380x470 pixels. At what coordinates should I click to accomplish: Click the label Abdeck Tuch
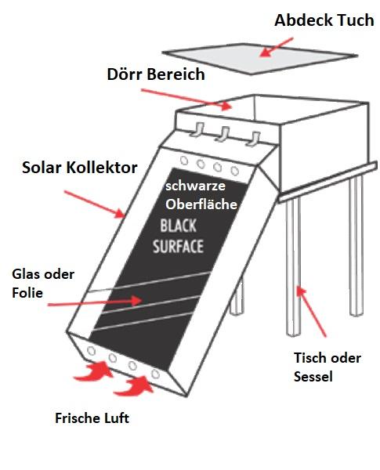(324, 20)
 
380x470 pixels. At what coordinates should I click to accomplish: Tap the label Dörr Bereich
(156, 74)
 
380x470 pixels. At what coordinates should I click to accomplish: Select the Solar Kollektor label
(80, 168)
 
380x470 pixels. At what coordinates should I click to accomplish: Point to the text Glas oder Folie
(43, 284)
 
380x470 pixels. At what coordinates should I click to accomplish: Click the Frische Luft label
(92, 418)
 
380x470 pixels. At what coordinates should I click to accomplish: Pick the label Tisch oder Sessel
(328, 367)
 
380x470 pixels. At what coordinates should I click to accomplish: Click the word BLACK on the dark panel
(179, 226)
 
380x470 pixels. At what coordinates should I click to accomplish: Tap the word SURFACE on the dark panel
(178, 247)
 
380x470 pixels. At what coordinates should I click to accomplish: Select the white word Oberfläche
(201, 204)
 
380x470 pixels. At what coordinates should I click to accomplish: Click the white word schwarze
(195, 186)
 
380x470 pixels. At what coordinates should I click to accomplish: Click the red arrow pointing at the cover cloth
(276, 47)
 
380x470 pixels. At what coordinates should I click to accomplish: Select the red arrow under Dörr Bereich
(186, 99)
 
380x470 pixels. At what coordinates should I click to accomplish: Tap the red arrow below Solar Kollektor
(94, 204)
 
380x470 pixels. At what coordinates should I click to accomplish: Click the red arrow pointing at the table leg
(311, 312)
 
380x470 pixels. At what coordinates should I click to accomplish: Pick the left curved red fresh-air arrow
(93, 372)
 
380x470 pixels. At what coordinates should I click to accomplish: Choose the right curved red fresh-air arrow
(134, 386)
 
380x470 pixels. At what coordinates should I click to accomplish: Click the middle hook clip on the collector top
(223, 134)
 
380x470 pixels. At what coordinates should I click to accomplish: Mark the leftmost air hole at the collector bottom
(91, 350)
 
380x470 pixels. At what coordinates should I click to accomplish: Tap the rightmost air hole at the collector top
(234, 171)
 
